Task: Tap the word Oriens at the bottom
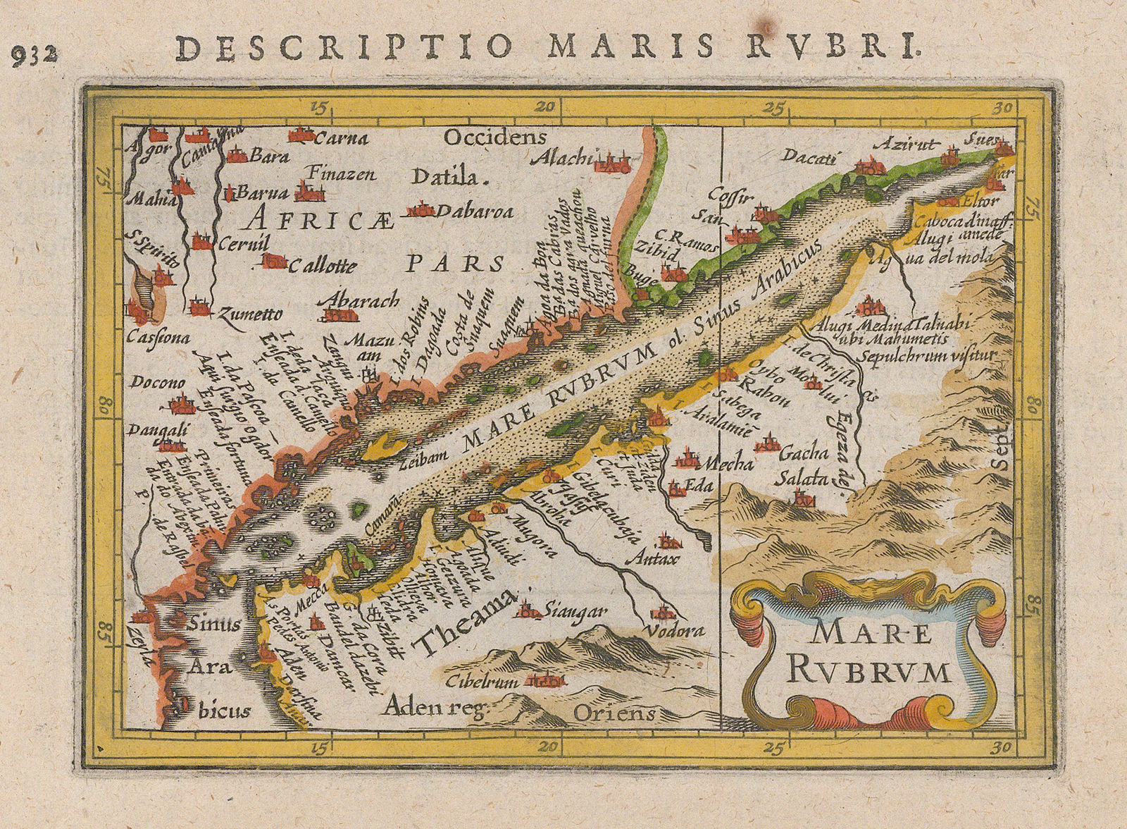(615, 713)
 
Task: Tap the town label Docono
(157, 383)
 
